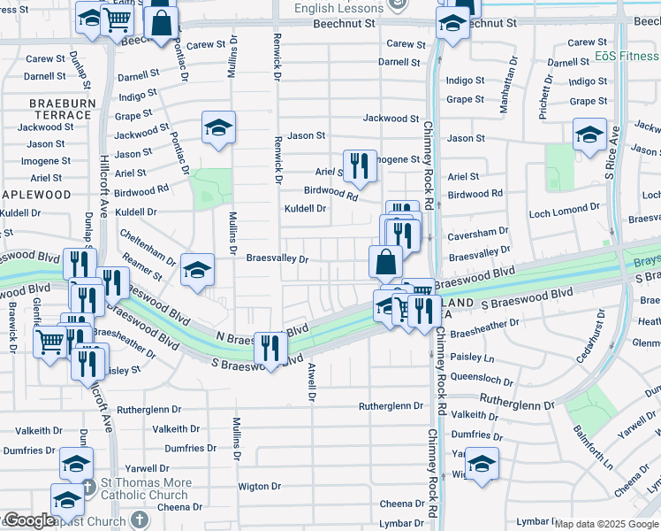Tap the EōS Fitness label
click(x=627, y=56)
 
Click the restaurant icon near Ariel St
click(x=355, y=165)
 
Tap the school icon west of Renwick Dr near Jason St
click(x=217, y=127)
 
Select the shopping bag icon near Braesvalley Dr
click(x=385, y=261)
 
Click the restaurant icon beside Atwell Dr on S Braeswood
click(x=270, y=347)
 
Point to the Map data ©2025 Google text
click(x=607, y=524)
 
